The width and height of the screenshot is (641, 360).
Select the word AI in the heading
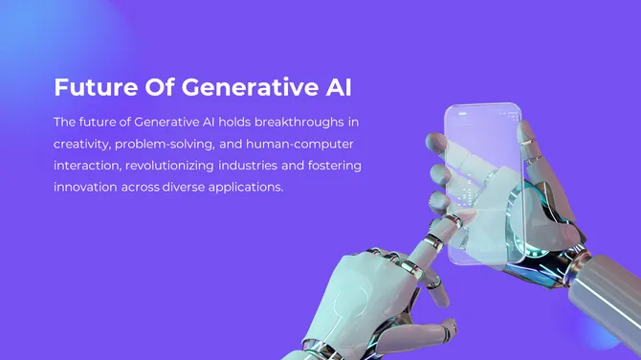(x=335, y=88)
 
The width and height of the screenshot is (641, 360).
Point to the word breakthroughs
(x=298, y=123)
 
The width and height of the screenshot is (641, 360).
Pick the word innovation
(x=85, y=188)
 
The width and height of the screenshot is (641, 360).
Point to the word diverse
(x=186, y=188)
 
